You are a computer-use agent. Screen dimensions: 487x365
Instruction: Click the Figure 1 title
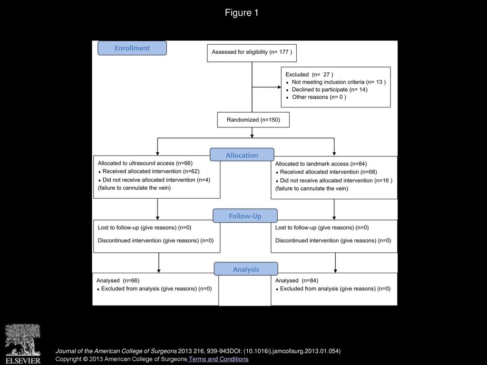[242, 13]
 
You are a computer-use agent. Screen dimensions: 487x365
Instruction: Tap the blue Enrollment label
[132, 48]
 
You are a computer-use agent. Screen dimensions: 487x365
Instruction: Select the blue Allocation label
[242, 155]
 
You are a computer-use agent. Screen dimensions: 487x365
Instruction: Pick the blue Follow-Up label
[245, 216]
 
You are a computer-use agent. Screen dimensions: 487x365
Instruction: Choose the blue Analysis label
[246, 269]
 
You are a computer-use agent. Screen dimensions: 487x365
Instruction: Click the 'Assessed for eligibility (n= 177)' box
[252, 53]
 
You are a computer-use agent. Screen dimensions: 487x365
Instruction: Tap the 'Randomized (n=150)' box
[253, 120]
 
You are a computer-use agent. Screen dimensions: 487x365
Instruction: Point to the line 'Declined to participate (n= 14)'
[329, 90]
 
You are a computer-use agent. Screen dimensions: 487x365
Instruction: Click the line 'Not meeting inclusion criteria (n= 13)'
[339, 82]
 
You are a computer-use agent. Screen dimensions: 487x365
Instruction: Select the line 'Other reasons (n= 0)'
[319, 97]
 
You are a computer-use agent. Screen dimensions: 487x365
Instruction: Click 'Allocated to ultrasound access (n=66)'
[145, 163]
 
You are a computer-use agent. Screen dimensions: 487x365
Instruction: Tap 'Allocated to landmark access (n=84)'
[321, 164]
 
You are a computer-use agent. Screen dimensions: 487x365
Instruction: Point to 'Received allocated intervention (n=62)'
[151, 171]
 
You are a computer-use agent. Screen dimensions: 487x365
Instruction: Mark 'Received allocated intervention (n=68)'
[328, 172]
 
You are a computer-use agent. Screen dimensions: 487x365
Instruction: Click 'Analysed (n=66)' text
[118, 280]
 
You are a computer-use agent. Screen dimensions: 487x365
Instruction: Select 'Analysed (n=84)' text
[297, 280]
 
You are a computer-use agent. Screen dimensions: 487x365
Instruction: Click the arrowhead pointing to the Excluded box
[280, 87]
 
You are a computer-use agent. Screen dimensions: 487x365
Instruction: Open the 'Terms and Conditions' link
[219, 359]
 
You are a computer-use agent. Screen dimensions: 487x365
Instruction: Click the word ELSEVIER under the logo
[23, 361]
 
